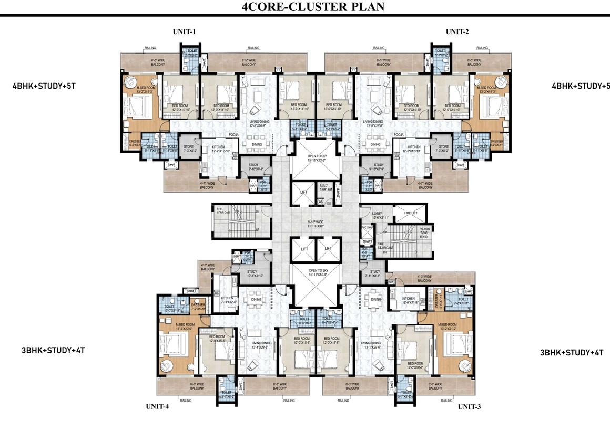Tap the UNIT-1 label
point(184,32)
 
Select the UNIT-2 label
point(457,32)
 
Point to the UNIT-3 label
point(469,407)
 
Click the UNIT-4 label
point(157,407)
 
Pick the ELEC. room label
point(324,187)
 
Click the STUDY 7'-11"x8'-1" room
point(374,274)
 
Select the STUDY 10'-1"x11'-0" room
point(255,273)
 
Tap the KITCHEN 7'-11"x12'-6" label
point(228,300)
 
